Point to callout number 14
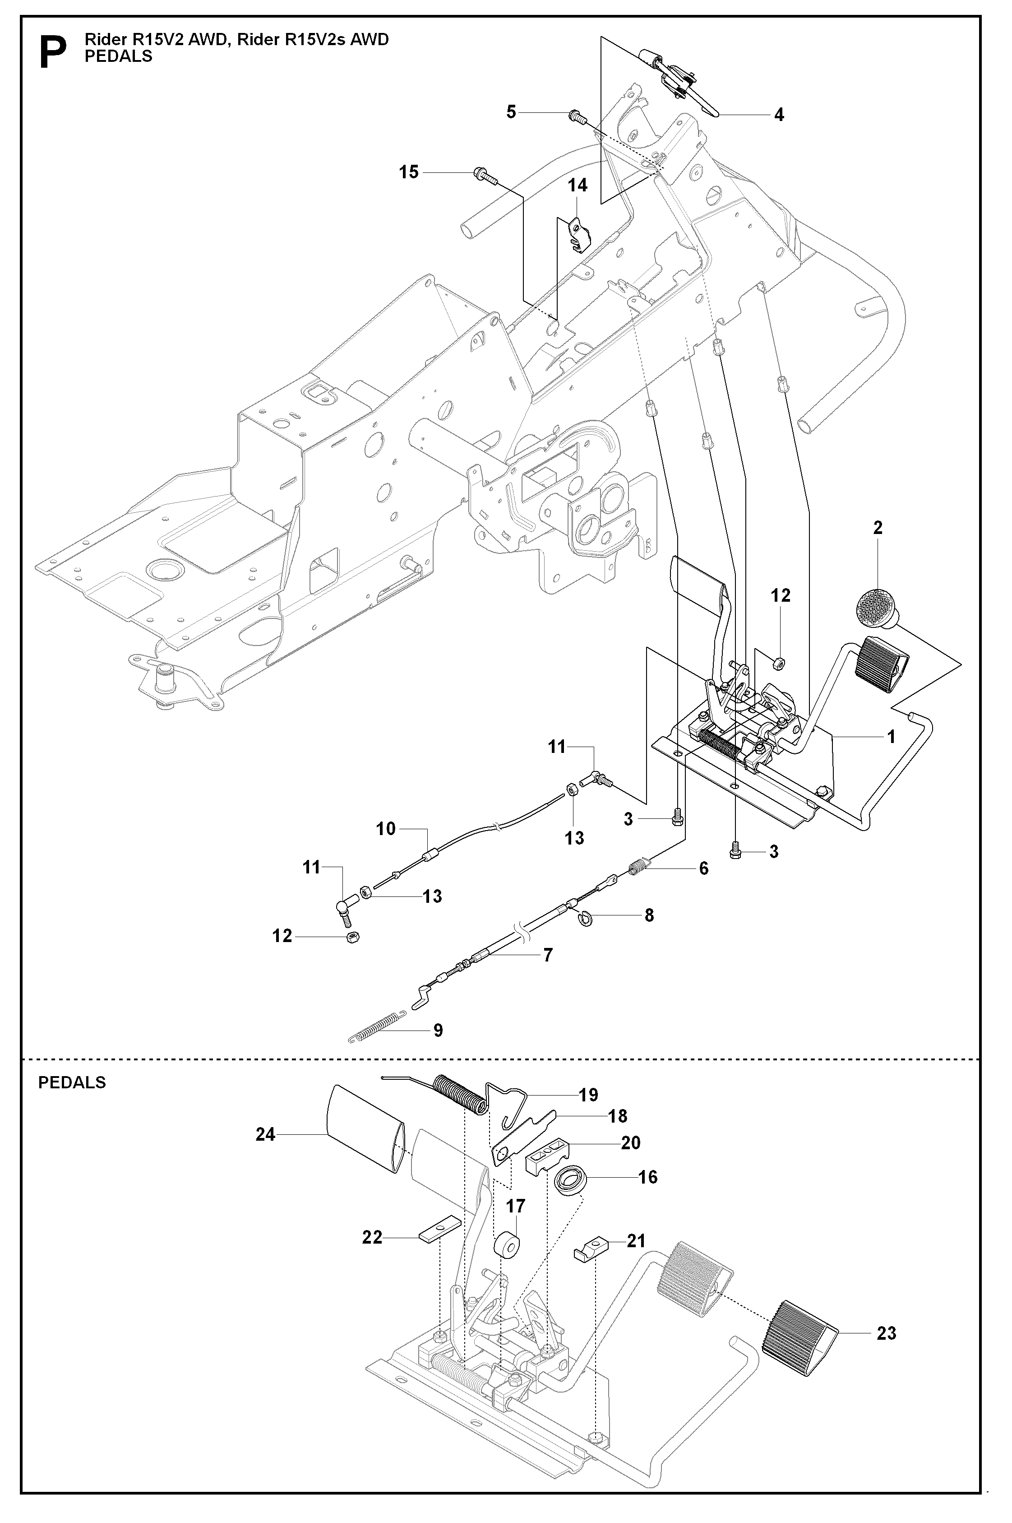[x=577, y=185]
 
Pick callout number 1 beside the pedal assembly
[x=891, y=736]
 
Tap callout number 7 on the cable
[x=547, y=954]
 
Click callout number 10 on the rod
[x=386, y=828]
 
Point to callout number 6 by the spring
[x=703, y=868]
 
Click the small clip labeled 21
[x=591, y=1254]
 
